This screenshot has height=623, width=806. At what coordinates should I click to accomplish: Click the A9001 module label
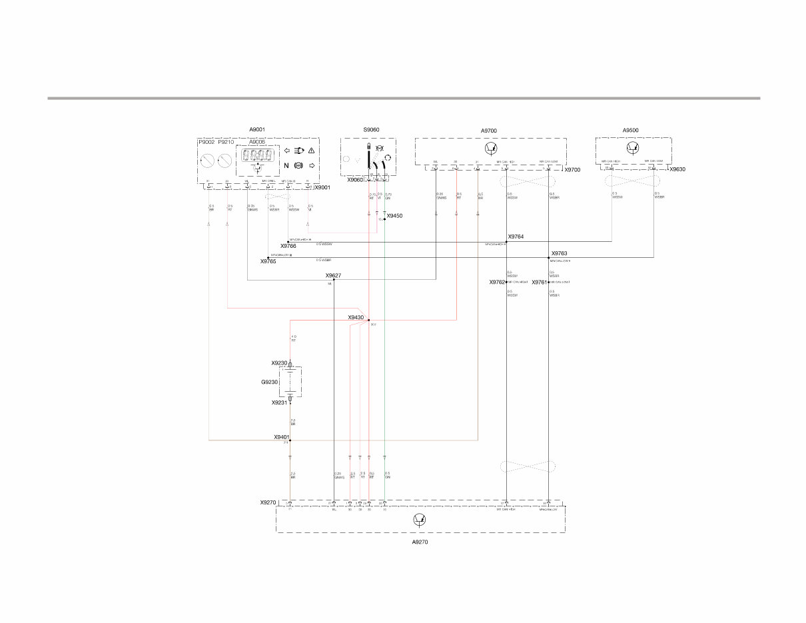click(257, 130)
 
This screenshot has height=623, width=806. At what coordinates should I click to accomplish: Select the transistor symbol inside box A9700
click(491, 148)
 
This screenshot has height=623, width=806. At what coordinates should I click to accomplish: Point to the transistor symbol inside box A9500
click(633, 147)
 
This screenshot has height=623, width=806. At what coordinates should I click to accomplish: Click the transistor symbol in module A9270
click(420, 520)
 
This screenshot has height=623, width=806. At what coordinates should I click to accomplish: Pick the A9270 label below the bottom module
click(420, 542)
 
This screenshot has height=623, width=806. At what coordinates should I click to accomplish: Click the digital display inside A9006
click(257, 155)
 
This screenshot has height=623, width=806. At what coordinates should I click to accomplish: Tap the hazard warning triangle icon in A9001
click(310, 151)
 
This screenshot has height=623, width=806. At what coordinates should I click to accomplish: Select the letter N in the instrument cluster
click(286, 166)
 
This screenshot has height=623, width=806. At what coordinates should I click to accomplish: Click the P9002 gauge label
click(206, 142)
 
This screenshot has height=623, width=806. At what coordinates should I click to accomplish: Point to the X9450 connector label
click(395, 216)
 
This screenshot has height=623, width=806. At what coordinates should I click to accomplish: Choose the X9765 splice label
click(268, 262)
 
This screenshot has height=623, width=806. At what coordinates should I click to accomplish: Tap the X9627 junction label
click(333, 275)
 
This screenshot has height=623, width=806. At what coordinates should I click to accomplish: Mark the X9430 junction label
click(356, 317)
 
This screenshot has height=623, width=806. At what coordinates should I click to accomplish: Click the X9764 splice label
click(516, 237)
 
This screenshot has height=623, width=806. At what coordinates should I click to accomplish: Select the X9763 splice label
click(559, 253)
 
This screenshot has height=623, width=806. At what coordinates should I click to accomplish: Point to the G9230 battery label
click(269, 382)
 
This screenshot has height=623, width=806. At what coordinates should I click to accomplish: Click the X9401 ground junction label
click(282, 437)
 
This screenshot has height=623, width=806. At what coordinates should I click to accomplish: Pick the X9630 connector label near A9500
click(677, 169)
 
